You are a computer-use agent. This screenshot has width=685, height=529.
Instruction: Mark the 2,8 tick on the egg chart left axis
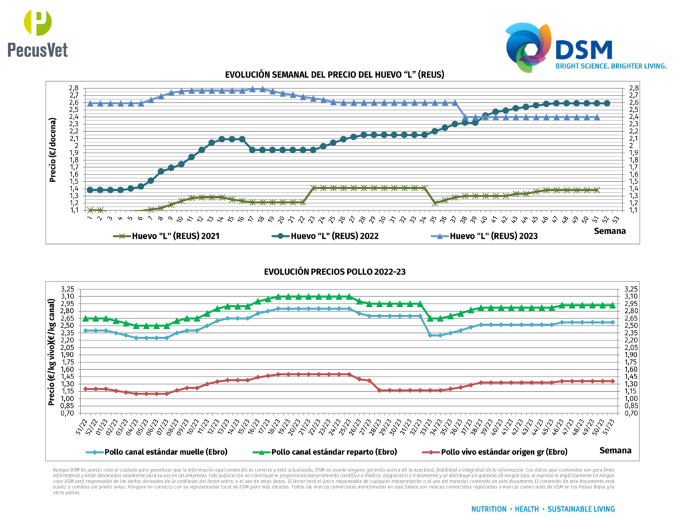[x=73, y=88]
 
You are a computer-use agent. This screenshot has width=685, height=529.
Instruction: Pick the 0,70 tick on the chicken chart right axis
[x=631, y=413]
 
